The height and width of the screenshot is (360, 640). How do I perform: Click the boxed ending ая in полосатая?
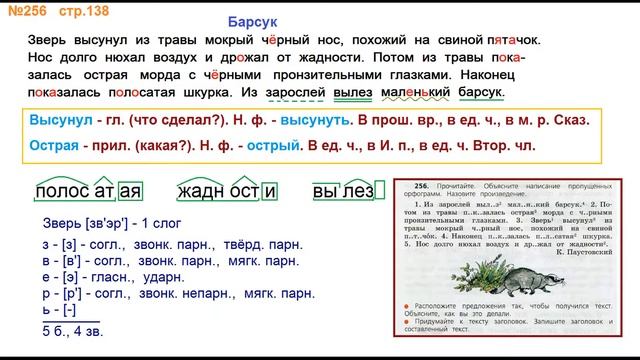coord(127,190)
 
